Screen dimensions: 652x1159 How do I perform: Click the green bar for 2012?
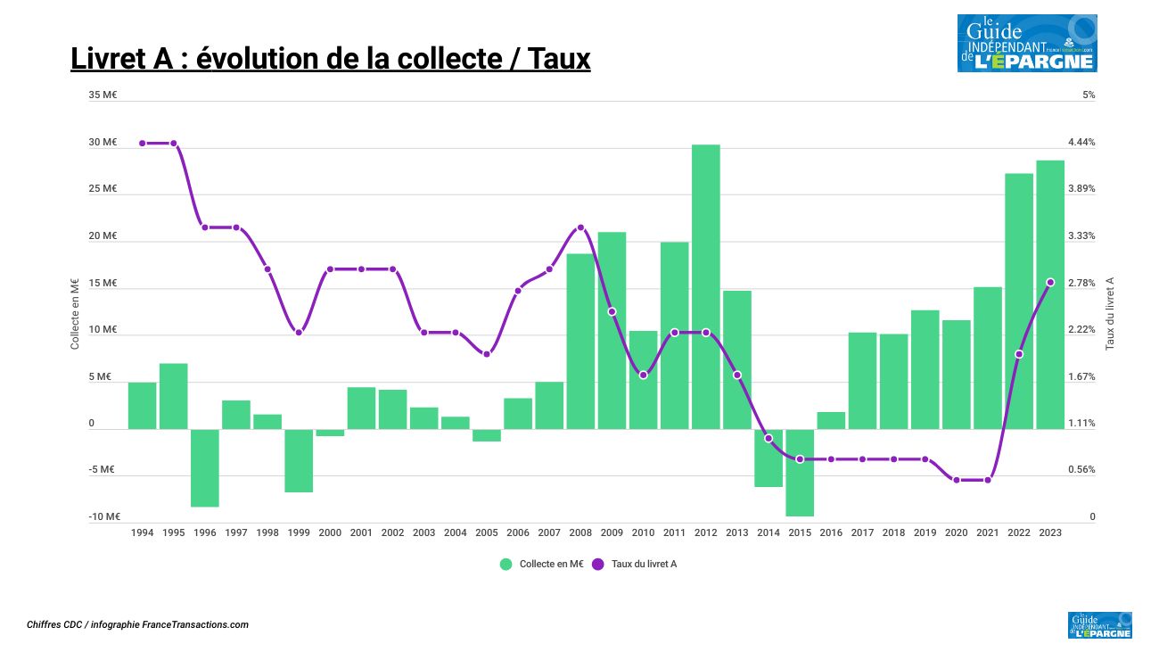(x=705, y=286)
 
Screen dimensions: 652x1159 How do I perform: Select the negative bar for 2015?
(x=800, y=473)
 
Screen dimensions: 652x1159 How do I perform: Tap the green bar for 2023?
(x=1050, y=294)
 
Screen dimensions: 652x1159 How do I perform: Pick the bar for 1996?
(x=205, y=467)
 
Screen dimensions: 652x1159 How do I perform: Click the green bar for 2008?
(x=580, y=341)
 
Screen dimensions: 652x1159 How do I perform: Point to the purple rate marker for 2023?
(x=1050, y=283)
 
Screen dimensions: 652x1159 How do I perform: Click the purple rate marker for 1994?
(x=142, y=143)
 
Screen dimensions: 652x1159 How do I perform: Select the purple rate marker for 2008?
(x=580, y=227)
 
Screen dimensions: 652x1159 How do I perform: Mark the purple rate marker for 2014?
(x=769, y=438)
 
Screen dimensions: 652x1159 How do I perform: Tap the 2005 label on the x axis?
(x=487, y=532)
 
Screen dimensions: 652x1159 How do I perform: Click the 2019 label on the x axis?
(x=925, y=532)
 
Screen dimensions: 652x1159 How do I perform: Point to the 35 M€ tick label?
(x=103, y=95)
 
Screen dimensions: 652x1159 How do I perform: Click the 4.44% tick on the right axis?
(x=1081, y=143)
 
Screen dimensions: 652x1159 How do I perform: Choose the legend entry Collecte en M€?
(x=542, y=564)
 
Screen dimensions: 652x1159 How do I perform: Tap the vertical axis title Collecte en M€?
(x=76, y=312)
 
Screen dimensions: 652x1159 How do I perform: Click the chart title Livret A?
(x=330, y=59)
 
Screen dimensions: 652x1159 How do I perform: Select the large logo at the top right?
(x=1027, y=43)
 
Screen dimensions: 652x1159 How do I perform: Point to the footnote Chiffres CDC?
(x=137, y=625)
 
